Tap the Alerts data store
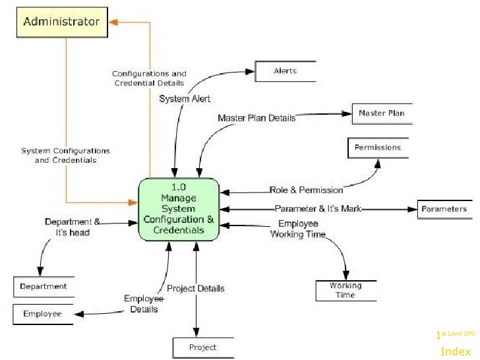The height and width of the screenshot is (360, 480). pos(285,71)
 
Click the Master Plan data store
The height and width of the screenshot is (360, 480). pos(381,113)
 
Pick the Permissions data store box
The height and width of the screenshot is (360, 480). pos(377,148)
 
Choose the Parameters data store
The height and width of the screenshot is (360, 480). pos(444,209)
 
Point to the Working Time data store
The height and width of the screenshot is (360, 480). pos(345,290)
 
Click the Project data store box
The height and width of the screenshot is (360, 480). pos(202,347)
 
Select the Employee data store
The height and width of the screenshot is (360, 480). pos(42,314)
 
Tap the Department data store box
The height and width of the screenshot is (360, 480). pos(43,287)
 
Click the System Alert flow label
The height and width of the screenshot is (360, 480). pos(185,99)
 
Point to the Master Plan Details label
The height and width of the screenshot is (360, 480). pos(256,118)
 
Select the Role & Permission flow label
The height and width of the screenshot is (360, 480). pos(306,190)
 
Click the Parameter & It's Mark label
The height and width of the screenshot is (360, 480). pos(318,209)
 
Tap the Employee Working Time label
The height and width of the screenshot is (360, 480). pos(298,229)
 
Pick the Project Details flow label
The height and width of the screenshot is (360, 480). pos(195,288)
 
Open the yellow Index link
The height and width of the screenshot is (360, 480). pos(455,351)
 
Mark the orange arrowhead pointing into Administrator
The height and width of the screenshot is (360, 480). pos(114,22)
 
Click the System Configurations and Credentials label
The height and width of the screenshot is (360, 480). pos(65,155)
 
